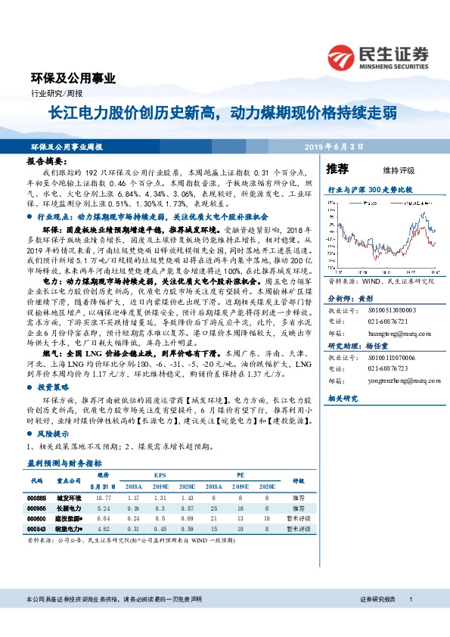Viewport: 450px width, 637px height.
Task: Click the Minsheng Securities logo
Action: coord(377,55)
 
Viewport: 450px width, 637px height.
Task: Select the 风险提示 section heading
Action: coord(53,434)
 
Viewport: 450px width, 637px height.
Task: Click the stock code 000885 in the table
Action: coord(36,499)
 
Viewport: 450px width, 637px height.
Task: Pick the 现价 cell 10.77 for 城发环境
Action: coord(105,499)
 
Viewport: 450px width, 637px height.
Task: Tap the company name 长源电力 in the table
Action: coord(68,508)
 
